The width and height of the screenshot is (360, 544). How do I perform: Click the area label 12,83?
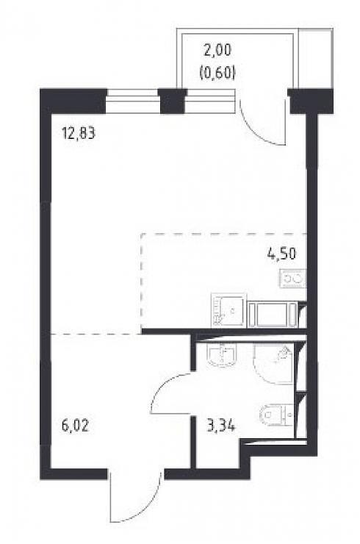pyautogui.click(x=78, y=133)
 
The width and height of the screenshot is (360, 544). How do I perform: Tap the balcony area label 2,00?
pyautogui.click(x=217, y=51)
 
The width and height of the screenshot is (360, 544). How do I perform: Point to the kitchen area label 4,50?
pyautogui.click(x=281, y=254)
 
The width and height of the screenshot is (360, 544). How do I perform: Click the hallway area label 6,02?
pyautogui.click(x=75, y=426)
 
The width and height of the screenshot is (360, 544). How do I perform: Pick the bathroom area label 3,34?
pyautogui.click(x=221, y=426)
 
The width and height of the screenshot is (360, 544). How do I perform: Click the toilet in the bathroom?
pyautogui.click(x=276, y=414)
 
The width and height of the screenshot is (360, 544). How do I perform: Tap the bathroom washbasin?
pyautogui.click(x=223, y=354)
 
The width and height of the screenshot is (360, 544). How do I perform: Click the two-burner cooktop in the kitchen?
pyautogui.click(x=293, y=279)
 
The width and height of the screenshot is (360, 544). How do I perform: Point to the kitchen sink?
pyautogui.click(x=229, y=309)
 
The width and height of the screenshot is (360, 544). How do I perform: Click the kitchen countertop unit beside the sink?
pyautogui.click(x=273, y=315)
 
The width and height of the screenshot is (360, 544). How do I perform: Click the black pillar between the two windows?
pyautogui.click(x=172, y=101)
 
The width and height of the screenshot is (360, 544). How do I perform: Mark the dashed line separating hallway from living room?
pyautogui.click(x=96, y=334)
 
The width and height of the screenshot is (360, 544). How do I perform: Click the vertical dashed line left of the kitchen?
pyautogui.click(x=141, y=282)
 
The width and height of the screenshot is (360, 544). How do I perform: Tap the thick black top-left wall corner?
pyautogui.click(x=72, y=101)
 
